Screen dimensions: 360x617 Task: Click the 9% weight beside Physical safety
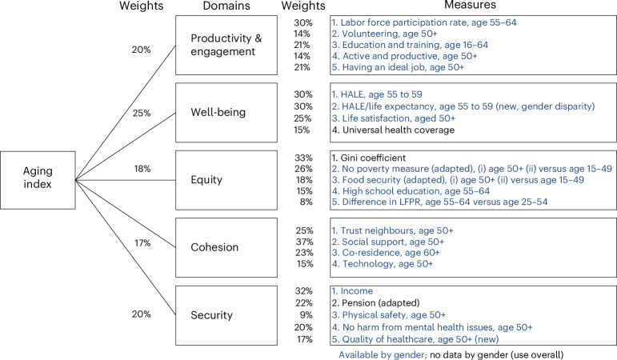coord(306,314)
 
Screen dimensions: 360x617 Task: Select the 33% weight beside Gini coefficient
coord(303,158)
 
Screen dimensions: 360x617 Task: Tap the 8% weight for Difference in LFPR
coord(306,203)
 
